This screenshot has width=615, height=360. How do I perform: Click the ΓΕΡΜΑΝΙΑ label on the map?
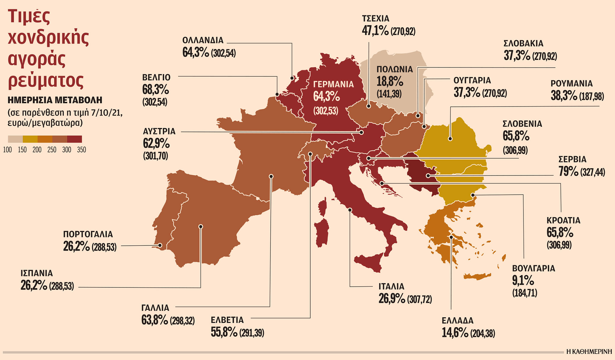(333, 84)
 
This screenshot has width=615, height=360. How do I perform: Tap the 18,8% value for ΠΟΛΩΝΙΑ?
(390, 82)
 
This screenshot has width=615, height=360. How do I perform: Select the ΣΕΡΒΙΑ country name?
(572, 159)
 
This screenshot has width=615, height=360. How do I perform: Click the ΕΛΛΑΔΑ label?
(457, 321)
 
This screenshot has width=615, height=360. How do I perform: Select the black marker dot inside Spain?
(201, 226)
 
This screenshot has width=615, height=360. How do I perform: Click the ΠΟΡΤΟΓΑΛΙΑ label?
(88, 234)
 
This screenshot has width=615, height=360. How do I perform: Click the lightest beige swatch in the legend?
(15, 139)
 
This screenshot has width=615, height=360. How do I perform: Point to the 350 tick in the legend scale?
(81, 150)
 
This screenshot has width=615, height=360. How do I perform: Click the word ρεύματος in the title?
(46, 80)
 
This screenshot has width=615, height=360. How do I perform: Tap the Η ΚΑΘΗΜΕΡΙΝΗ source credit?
(589, 352)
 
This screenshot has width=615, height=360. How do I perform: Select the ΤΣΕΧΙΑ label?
(375, 19)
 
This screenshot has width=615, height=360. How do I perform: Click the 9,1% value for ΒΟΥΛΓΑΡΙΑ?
(523, 281)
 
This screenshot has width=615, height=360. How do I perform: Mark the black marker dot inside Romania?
(450, 139)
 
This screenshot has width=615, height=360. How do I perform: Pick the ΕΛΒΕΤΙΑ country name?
(227, 320)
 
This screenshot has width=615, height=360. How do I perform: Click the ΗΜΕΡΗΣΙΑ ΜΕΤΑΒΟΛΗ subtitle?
(55, 100)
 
